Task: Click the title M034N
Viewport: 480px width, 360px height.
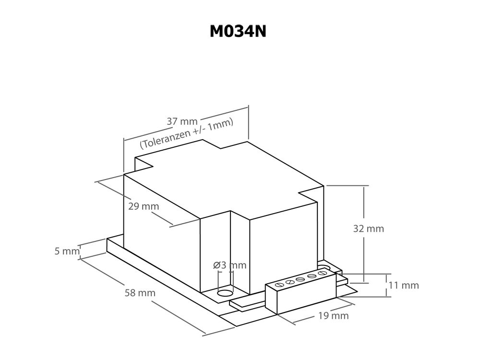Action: point(238,31)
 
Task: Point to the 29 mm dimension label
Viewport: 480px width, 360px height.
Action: point(144,206)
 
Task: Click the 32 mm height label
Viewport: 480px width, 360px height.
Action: point(369,228)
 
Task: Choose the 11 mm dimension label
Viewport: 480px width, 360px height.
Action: point(403,285)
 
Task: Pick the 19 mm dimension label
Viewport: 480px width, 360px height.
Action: point(334,315)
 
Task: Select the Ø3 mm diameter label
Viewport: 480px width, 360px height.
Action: point(229,265)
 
